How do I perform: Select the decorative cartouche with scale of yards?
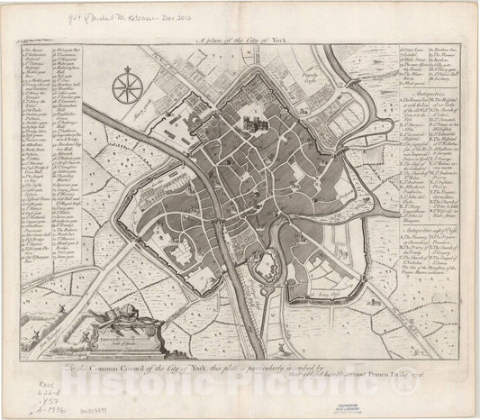[123, 328]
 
